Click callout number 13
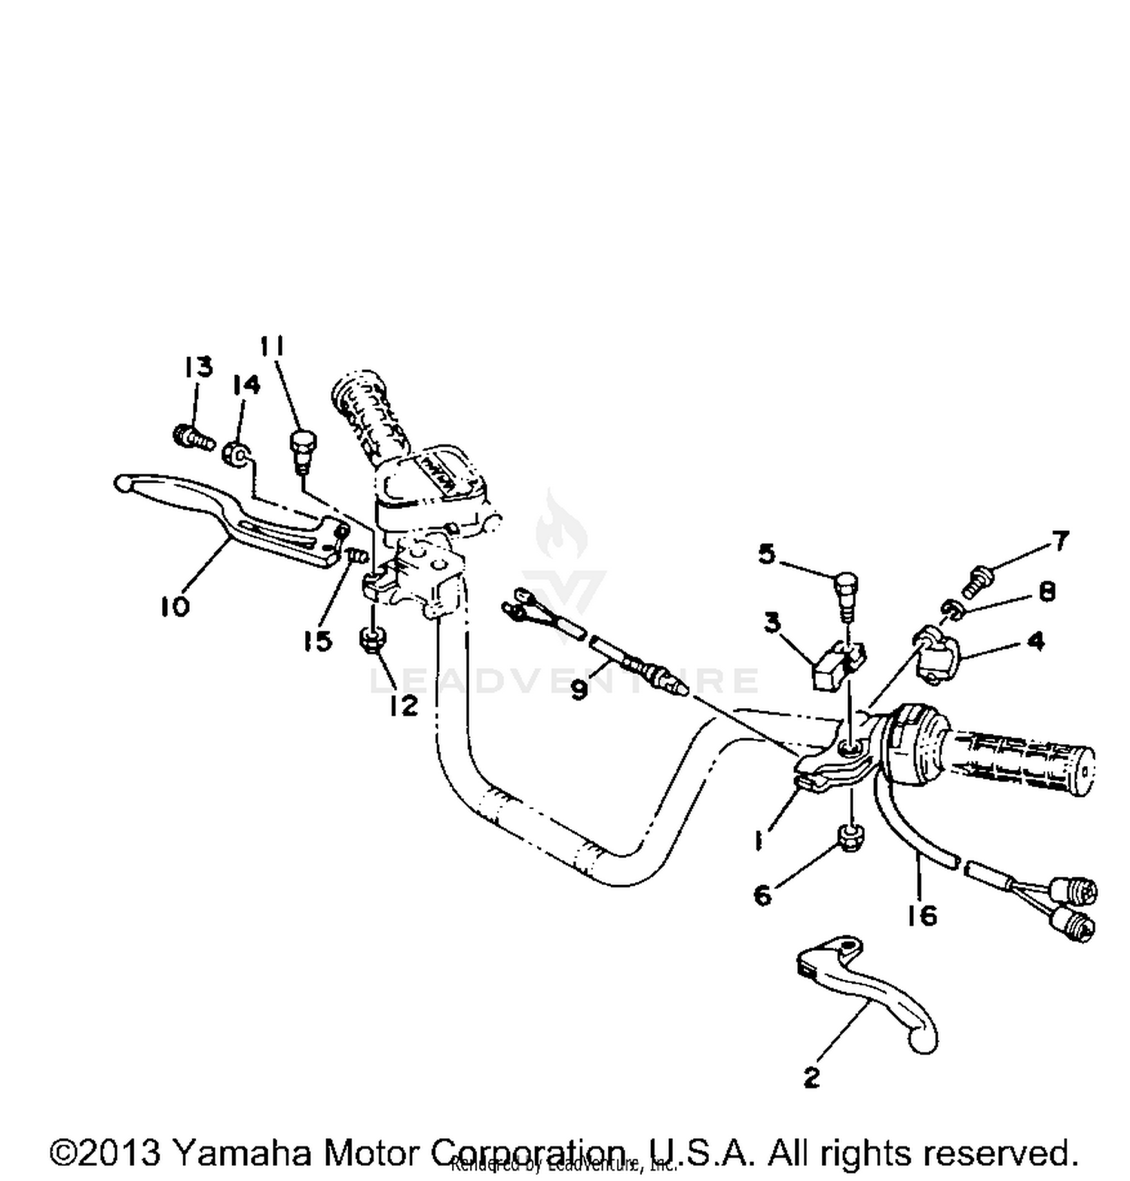pyautogui.click(x=198, y=367)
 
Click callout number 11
pyautogui.click(x=272, y=346)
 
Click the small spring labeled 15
pyautogui.click(x=357, y=557)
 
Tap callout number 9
pyautogui.click(x=579, y=688)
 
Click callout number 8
pyautogui.click(x=1046, y=591)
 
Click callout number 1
pyautogui.click(x=760, y=839)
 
